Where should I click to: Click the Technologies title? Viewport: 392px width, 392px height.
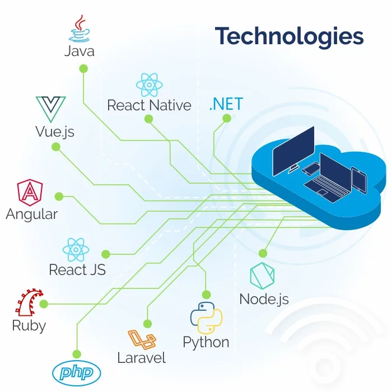coord(290,36)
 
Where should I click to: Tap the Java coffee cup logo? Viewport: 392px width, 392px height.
coord(79,29)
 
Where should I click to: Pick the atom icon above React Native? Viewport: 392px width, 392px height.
coord(149,85)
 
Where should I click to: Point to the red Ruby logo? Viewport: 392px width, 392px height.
coord(29,302)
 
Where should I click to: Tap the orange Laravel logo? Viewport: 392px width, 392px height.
coord(141,339)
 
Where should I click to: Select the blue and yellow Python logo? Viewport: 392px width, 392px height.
coord(206,317)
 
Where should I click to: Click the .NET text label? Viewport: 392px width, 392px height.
coord(226,104)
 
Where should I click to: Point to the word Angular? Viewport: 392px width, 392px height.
coord(32,214)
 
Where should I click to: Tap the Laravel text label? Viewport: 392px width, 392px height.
coord(141,358)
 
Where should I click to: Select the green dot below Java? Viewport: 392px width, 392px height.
coord(83,68)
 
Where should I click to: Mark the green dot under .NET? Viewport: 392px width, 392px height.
coord(227,118)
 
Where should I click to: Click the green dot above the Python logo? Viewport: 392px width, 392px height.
coord(206,294)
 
